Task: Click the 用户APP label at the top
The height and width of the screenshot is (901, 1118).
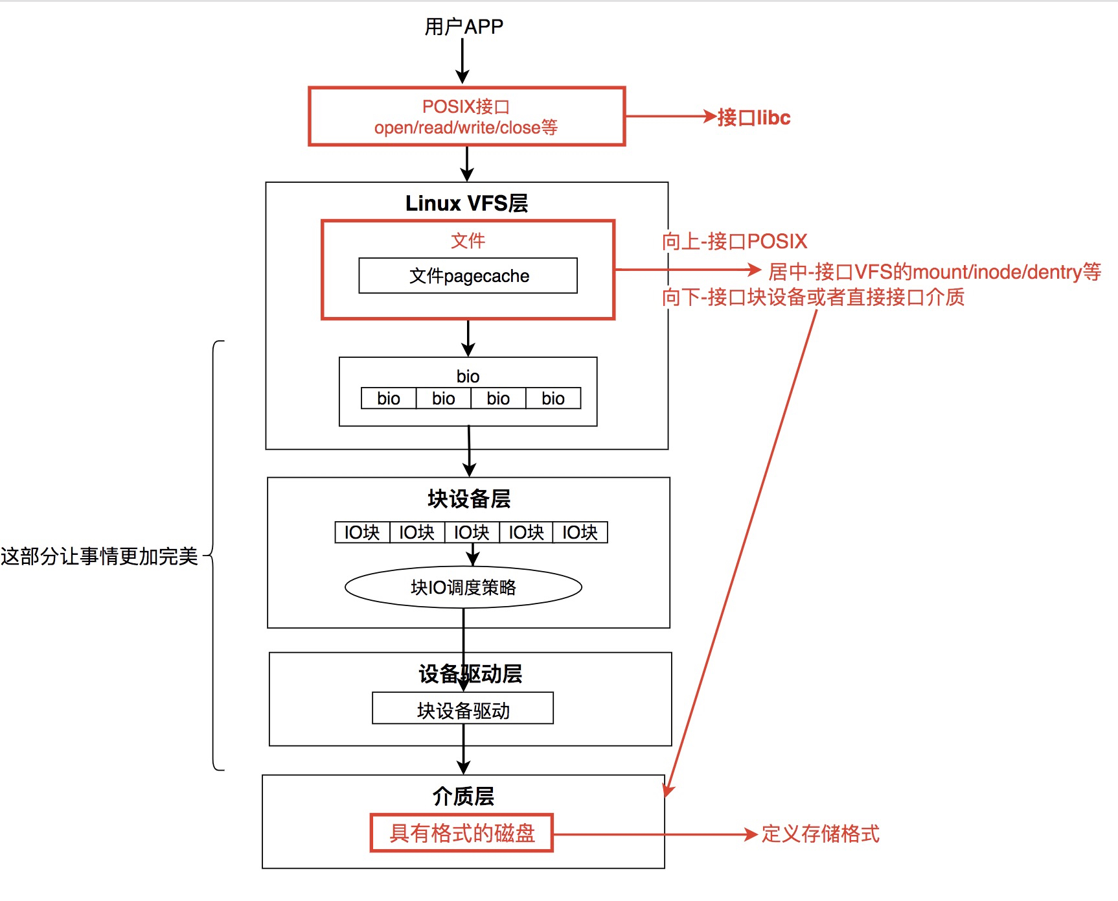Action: pyautogui.click(x=464, y=27)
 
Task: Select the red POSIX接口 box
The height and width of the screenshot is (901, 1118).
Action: pyautogui.click(x=466, y=117)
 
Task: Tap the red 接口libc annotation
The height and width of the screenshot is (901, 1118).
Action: pyautogui.click(x=754, y=118)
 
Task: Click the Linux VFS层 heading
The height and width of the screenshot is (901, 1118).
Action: pyautogui.click(x=466, y=204)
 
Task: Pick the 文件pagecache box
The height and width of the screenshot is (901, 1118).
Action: pyautogui.click(x=468, y=276)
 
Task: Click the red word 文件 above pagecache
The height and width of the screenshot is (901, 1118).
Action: pyautogui.click(x=468, y=241)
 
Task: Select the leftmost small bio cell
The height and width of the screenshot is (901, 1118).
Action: pyautogui.click(x=389, y=399)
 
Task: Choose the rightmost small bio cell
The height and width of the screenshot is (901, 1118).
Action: pyautogui.click(x=553, y=399)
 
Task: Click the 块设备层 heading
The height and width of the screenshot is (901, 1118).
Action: pyautogui.click(x=469, y=499)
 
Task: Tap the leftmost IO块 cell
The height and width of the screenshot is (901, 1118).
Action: pyautogui.click(x=362, y=533)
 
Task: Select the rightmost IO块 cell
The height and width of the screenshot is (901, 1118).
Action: pyautogui.click(x=580, y=533)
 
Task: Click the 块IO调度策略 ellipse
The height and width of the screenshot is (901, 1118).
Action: pyautogui.click(x=463, y=587)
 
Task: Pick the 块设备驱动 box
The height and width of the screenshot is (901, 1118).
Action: pyautogui.click(x=463, y=710)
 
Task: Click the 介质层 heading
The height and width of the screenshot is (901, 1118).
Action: pyautogui.click(x=463, y=796)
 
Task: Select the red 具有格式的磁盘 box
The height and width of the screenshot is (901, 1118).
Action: pyautogui.click(x=462, y=833)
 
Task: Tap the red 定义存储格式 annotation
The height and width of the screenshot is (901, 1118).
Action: pyautogui.click(x=820, y=834)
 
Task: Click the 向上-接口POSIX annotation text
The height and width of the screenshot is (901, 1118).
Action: pyautogui.click(x=735, y=242)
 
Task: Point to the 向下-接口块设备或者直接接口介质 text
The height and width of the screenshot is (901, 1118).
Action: pyautogui.click(x=813, y=298)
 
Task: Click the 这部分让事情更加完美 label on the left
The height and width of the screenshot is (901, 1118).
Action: pyautogui.click(x=99, y=556)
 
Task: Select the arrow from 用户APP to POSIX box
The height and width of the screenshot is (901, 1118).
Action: pyautogui.click(x=462, y=60)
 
